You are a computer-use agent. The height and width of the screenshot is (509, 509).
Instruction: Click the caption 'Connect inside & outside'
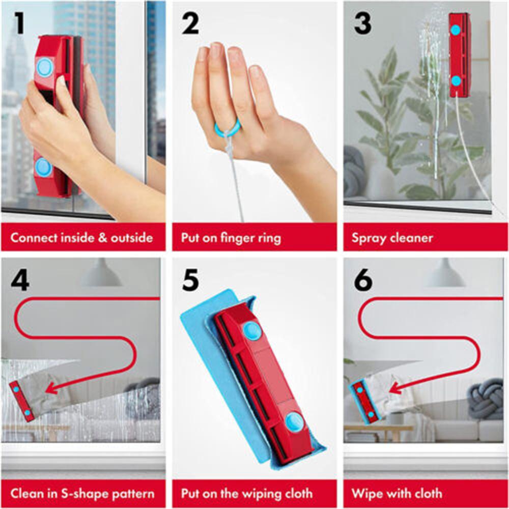82,238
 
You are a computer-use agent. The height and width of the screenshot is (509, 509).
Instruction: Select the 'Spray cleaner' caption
392,238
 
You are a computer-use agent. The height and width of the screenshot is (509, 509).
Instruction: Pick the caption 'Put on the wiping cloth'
247,493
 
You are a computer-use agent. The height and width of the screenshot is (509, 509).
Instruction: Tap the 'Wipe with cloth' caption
397,493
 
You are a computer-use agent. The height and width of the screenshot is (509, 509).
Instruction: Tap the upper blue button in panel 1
45,67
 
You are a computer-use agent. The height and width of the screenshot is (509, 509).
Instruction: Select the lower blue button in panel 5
294,422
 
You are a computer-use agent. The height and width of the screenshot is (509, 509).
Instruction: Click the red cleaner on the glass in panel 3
459,55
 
